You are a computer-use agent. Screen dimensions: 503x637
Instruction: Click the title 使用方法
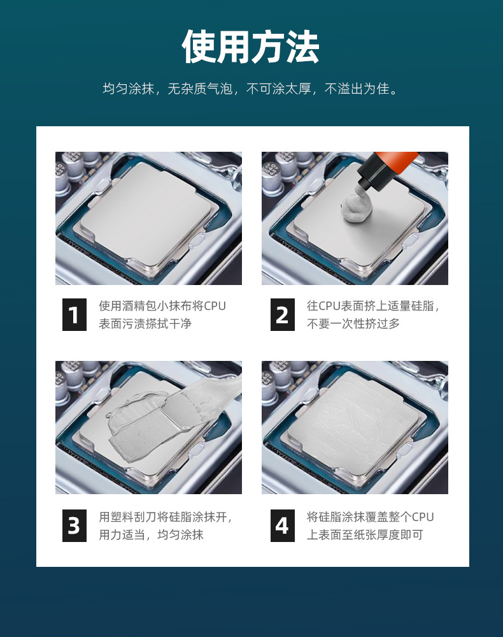point(251,47)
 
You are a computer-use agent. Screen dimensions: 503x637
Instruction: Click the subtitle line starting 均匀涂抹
point(251,89)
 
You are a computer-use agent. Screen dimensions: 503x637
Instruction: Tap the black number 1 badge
point(74,314)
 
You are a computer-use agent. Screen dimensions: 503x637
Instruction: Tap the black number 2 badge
point(283,314)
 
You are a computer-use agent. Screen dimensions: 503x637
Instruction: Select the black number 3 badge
point(74,525)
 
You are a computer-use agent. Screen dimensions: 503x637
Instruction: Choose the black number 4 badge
point(283,525)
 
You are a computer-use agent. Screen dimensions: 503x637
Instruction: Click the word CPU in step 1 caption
point(215,306)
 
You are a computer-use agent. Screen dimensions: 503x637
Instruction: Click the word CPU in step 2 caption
point(329,306)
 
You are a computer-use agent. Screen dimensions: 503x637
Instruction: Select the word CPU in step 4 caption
point(423,517)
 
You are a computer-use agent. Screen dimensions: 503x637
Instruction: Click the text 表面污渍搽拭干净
point(145,324)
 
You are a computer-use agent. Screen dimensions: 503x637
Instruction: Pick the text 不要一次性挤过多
point(353,324)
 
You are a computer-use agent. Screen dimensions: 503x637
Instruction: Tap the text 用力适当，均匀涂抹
point(151,534)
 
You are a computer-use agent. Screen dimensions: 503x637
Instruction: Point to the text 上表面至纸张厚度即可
point(365,534)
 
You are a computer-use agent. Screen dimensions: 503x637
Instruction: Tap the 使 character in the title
point(199,47)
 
